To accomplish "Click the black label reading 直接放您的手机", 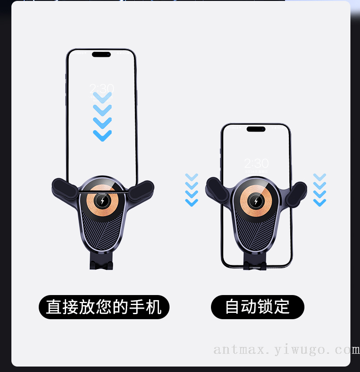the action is coord(104,307).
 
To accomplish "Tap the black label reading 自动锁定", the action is coord(257,307).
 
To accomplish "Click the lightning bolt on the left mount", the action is coord(103,201).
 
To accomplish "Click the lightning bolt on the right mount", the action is coord(256,201).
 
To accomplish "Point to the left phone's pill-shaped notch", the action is coord(102,54).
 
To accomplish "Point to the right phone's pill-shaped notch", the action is coord(256,129).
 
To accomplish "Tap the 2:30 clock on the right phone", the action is coord(257,163).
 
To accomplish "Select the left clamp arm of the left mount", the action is coord(64,189).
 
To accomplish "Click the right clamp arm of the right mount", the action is coord(296,194).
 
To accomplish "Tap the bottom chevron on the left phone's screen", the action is coord(103,136).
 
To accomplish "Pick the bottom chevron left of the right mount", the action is coord(192,203).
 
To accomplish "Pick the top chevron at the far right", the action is coord(319,177).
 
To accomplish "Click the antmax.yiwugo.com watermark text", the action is coord(287,350).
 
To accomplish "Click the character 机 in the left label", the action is coord(154,307).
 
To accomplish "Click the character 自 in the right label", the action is coord(232,306).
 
